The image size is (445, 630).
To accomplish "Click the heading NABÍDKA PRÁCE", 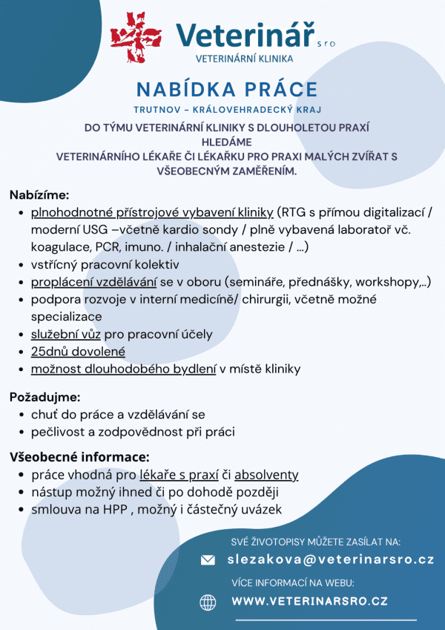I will coord(227,90).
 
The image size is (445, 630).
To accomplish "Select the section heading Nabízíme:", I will coord(39,195).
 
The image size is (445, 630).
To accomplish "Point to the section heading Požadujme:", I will coord(44,397).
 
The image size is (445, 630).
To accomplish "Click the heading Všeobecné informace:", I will coord(79,456).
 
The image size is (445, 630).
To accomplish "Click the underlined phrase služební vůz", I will coord(65,334).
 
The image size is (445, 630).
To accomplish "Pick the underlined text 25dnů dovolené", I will coord(78,351).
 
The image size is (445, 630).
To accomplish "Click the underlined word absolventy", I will coord(266,475).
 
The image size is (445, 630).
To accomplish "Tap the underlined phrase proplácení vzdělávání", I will coord(93,282).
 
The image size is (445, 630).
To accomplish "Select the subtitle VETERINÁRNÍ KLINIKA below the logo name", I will coord(244,58).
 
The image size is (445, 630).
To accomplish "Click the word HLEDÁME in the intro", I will coord(227,142).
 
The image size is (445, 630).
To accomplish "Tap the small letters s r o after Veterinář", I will coord(326,44).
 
